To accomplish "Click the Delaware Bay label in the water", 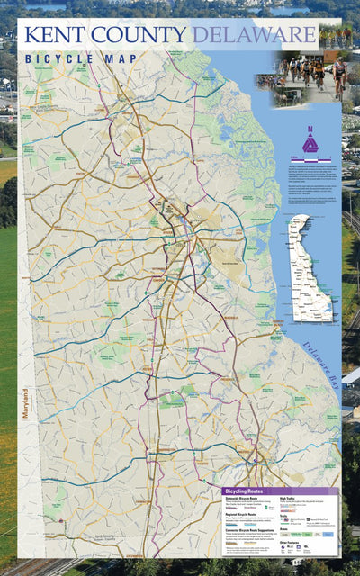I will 321,360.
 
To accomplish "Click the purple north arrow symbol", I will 310,144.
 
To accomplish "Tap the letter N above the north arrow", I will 310,130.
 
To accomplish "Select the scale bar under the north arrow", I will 310,159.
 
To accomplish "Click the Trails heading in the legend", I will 284,516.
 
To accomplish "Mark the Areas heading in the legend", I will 283,529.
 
